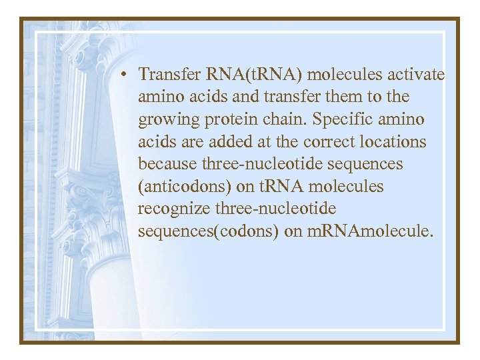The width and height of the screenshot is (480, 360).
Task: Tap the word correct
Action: (x=326, y=142)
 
